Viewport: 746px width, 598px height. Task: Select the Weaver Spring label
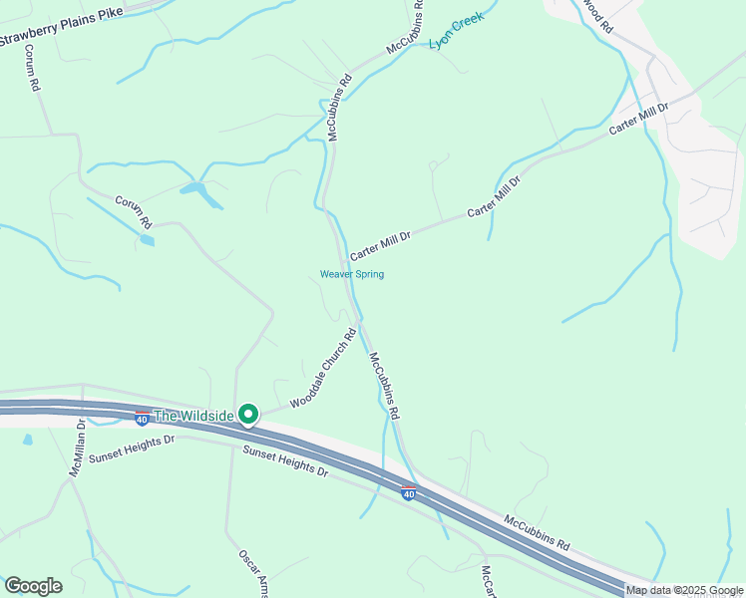click(x=351, y=274)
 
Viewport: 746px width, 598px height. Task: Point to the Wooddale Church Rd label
click(x=323, y=369)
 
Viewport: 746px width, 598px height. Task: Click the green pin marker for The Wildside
click(x=247, y=414)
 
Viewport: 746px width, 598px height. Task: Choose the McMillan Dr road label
click(x=79, y=448)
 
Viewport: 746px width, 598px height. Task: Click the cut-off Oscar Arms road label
click(x=254, y=572)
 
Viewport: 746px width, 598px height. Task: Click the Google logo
click(x=33, y=586)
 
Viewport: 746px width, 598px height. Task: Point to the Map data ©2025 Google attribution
click(x=684, y=590)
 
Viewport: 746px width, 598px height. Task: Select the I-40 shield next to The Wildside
click(x=143, y=416)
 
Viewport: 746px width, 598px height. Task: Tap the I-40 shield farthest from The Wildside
click(x=408, y=491)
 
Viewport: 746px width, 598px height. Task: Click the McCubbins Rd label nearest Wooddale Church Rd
click(x=384, y=385)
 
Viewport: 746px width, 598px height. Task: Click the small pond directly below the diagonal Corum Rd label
click(x=148, y=240)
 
